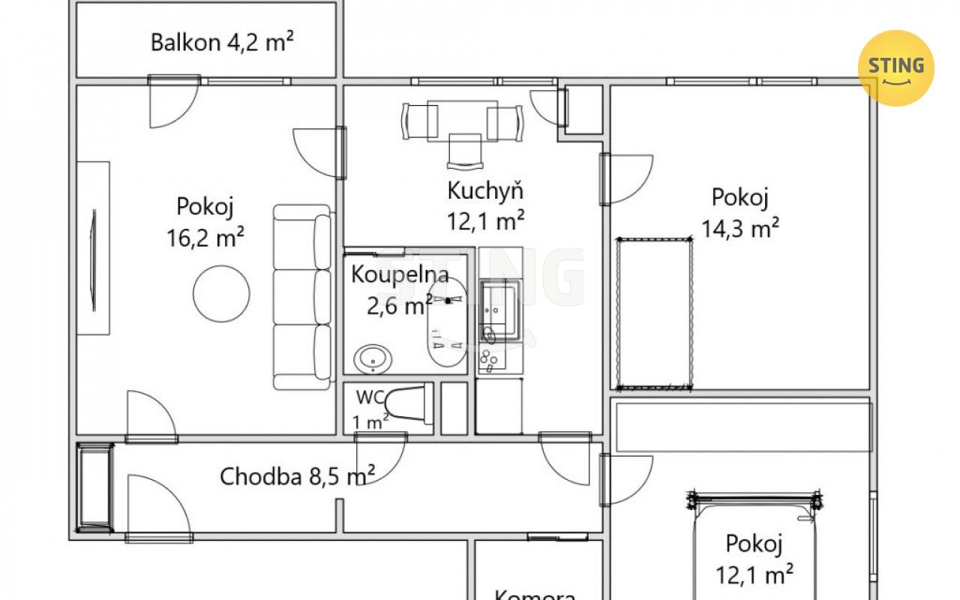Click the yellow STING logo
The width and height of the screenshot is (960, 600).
(895, 68)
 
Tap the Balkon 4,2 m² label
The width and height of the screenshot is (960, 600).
(222, 41)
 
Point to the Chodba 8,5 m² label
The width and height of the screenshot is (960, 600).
(298, 476)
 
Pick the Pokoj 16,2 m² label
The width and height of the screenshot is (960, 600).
(206, 221)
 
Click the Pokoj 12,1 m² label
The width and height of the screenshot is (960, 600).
(754, 559)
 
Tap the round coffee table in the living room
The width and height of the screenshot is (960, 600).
(221, 293)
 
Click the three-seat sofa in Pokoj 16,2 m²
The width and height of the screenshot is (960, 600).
(302, 296)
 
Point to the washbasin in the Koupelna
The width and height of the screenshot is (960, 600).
(370, 359)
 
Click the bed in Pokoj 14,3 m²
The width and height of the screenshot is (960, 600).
(653, 313)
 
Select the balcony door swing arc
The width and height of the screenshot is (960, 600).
(175, 103)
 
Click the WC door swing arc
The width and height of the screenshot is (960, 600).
(380, 457)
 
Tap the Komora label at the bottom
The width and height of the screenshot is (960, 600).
(535, 595)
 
